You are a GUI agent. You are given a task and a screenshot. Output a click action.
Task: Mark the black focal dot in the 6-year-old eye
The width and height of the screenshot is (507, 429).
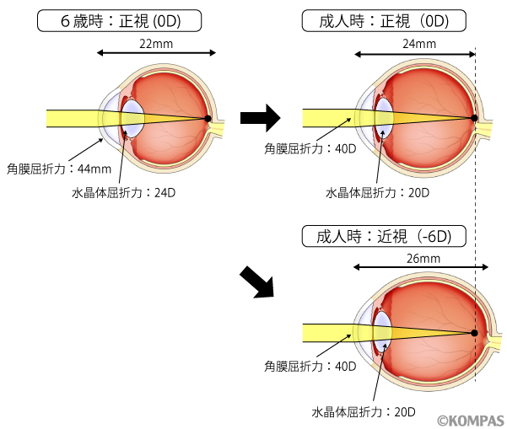(208, 118)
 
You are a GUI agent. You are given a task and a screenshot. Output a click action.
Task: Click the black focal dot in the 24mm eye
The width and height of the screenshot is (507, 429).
(475, 118)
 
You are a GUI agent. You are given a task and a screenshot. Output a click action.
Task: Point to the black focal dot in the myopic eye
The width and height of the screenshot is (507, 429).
(475, 333)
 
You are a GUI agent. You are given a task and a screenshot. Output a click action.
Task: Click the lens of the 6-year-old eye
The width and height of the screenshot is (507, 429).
(132, 118)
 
